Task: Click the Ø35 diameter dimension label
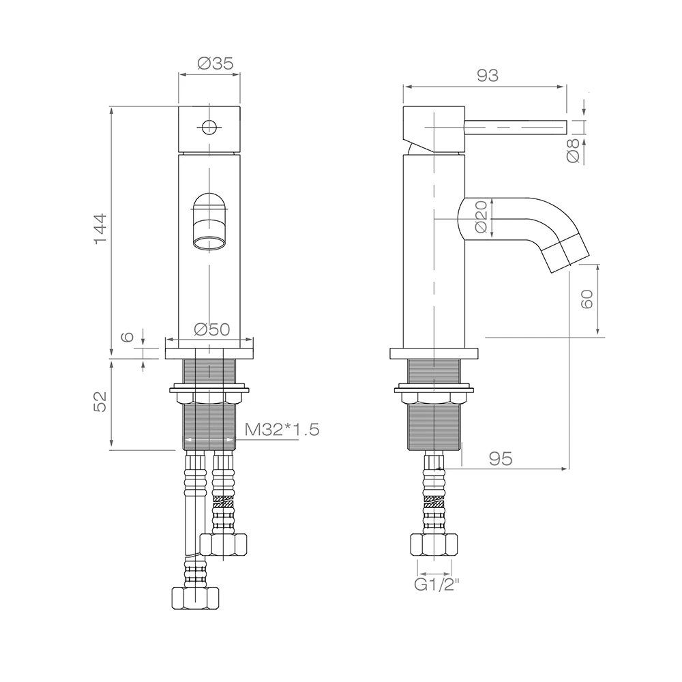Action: click(x=216, y=63)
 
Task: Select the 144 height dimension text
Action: click(x=100, y=228)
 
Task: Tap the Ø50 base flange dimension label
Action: click(x=212, y=329)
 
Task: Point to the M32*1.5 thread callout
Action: click(x=282, y=430)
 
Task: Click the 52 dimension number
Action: click(x=100, y=402)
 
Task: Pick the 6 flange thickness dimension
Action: click(x=127, y=336)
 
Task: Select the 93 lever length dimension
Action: click(x=488, y=76)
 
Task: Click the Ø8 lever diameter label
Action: click(x=574, y=151)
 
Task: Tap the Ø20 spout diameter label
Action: click(x=481, y=217)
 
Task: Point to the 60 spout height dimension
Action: click(x=587, y=299)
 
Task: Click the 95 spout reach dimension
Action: click(x=501, y=458)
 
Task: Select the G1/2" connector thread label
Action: click(x=436, y=585)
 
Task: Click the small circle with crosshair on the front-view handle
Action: click(x=209, y=127)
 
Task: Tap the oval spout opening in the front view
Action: click(x=209, y=243)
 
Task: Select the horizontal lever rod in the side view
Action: click(x=516, y=128)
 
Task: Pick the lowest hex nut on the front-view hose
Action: click(x=195, y=599)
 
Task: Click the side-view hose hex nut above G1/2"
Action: click(x=434, y=545)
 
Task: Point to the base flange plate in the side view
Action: click(x=434, y=353)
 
